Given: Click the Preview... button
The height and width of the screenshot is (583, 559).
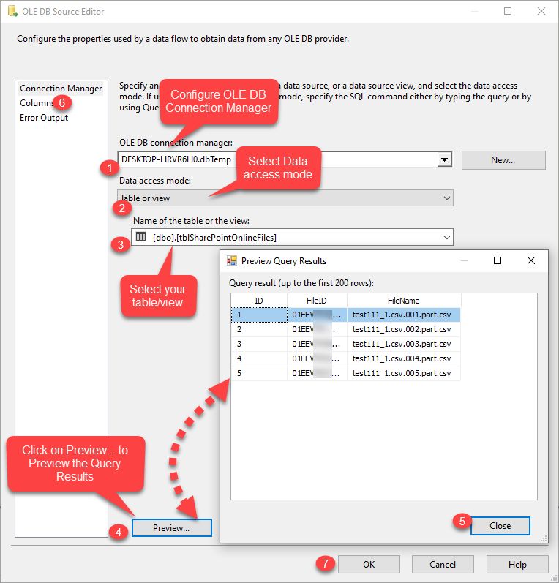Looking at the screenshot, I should [x=171, y=527].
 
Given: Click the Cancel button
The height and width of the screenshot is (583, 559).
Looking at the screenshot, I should [x=443, y=564].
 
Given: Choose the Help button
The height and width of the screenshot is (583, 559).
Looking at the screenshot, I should [x=517, y=564].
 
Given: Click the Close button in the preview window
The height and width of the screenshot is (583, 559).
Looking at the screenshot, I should [x=500, y=526].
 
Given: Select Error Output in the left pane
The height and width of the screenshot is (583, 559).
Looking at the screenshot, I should [x=44, y=118].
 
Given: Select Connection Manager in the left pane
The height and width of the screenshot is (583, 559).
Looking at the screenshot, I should [x=61, y=89].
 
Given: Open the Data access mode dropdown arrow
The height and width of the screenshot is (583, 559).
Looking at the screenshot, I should [x=447, y=198].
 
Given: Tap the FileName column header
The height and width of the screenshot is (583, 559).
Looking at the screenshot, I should [x=404, y=301].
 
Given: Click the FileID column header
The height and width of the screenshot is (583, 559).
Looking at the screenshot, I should [x=317, y=301].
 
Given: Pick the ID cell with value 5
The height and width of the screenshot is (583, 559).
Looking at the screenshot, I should [x=259, y=373].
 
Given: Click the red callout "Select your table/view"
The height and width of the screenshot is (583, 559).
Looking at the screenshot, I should [x=157, y=295].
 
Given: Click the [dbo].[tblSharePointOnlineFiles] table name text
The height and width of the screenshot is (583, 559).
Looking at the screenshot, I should [x=214, y=237].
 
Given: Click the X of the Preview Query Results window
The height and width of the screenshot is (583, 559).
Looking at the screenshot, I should [x=531, y=260].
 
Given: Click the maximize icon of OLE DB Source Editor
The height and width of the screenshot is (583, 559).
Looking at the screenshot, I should [x=508, y=12].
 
